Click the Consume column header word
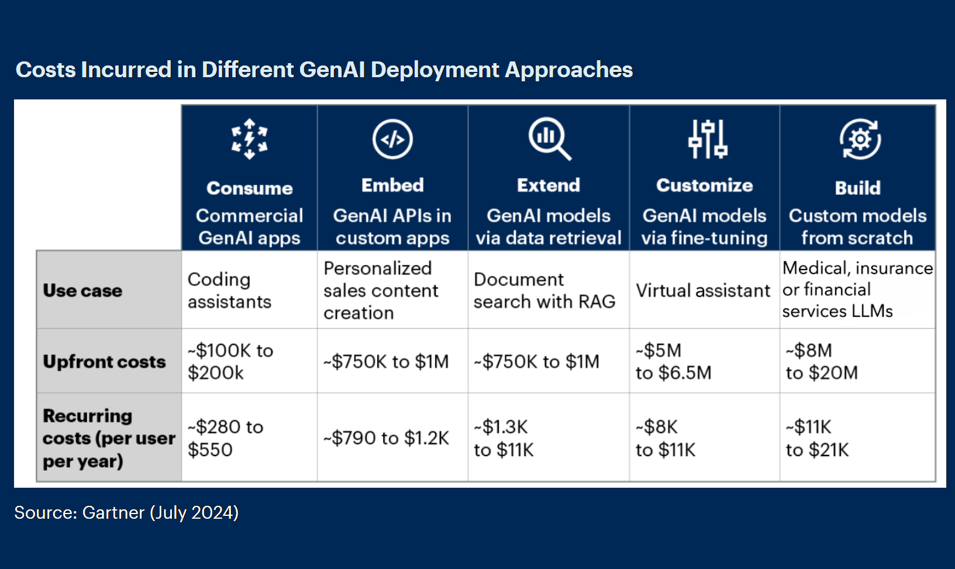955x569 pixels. coord(249,188)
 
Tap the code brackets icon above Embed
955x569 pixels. coord(392,139)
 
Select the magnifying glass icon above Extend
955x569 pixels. coord(550,139)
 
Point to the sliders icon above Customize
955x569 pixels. coord(708,139)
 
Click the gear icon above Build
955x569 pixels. coord(860,139)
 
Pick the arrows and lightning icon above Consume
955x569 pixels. coord(249,139)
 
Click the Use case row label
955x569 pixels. coord(82,291)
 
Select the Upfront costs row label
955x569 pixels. coord(105,361)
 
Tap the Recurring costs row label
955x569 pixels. coord(109,438)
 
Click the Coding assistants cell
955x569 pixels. coord(229,291)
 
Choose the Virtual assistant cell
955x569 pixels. coord(703,291)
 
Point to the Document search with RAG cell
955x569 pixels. coord(544,291)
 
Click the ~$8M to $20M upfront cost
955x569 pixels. coord(822,361)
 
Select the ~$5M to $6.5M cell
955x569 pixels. coord(674,361)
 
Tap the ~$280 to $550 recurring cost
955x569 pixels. coord(226,438)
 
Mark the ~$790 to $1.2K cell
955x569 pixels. coord(386,438)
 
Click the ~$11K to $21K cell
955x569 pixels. coord(818,438)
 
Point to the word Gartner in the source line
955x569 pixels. coord(113,512)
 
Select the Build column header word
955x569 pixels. coord(858,188)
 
